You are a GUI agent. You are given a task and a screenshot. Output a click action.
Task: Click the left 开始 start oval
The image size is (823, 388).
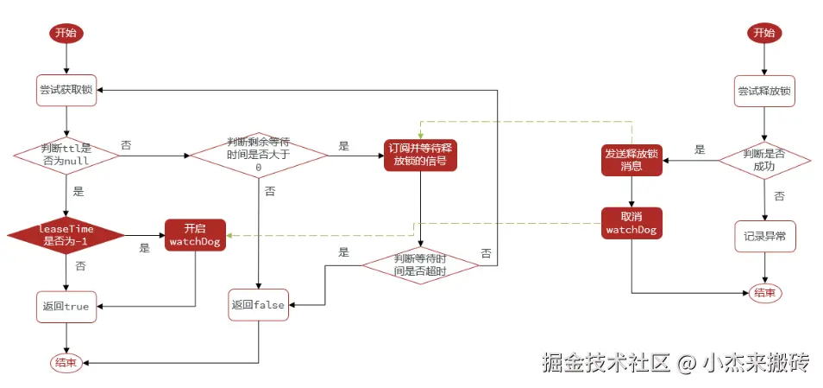[x=66, y=33]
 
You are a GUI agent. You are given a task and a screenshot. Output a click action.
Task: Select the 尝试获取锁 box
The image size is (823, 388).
[x=66, y=89]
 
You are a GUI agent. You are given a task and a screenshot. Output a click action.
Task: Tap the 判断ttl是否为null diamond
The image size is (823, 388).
[x=66, y=155]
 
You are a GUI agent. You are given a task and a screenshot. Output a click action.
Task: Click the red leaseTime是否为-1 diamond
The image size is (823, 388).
[x=66, y=234]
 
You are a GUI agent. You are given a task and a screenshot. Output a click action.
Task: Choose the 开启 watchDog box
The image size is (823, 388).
[x=195, y=234]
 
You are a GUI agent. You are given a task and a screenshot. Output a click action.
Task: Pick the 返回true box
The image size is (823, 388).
[x=66, y=306]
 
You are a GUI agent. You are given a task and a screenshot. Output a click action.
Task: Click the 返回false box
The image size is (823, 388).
[x=259, y=305]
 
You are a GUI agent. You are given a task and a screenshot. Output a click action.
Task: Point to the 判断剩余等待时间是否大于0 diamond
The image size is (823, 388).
[x=259, y=155]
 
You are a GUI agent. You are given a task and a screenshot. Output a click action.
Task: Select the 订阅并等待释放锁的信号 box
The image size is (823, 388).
[x=419, y=155]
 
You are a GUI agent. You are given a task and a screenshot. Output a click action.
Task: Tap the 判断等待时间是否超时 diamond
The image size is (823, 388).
[x=419, y=265]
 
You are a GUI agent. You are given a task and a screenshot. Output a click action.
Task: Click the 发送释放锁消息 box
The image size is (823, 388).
[x=631, y=159]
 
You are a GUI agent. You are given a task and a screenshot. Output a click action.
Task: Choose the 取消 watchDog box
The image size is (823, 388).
[x=631, y=222]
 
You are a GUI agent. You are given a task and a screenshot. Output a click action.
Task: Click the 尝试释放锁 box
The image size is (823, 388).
[x=764, y=89]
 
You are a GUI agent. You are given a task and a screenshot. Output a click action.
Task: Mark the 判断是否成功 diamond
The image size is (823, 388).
[x=764, y=159]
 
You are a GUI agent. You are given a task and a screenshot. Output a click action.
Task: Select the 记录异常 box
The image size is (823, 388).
[x=764, y=235]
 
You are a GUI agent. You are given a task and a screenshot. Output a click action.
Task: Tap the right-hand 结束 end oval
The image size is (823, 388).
[x=764, y=293]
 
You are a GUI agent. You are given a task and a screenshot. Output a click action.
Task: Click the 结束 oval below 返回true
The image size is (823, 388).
[x=66, y=363]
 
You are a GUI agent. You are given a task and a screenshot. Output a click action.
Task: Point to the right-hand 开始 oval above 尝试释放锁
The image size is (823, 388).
[x=764, y=33]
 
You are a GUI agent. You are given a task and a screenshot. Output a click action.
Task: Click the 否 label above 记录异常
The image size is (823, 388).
[x=779, y=196]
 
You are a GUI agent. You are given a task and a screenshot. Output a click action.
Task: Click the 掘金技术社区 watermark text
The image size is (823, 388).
[x=605, y=363]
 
